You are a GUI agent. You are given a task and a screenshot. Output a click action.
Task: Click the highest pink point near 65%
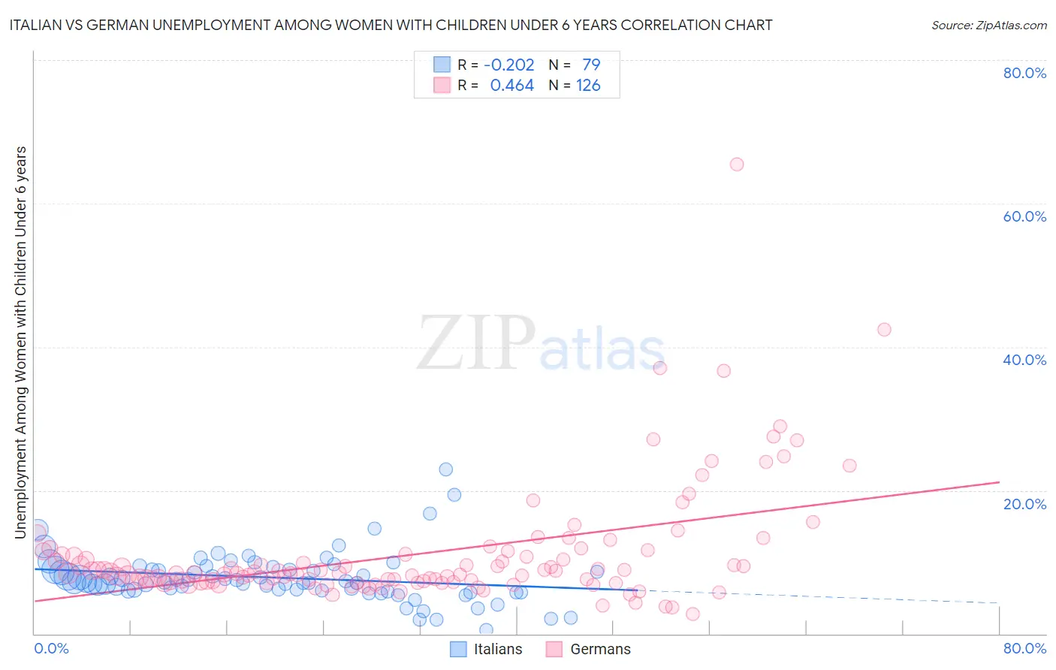737,164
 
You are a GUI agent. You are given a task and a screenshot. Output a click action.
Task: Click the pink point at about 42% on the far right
884,330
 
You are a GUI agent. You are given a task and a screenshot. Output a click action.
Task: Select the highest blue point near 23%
445,469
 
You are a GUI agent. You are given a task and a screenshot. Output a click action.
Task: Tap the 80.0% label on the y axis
1024,73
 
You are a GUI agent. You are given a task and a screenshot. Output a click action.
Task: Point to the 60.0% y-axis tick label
1024,216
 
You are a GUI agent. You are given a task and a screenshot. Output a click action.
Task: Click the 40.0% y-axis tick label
1024,360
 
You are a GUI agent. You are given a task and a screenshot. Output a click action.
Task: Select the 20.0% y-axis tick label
1024,504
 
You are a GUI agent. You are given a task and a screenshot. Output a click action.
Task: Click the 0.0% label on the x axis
51,648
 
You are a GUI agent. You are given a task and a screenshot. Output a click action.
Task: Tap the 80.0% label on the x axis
1024,648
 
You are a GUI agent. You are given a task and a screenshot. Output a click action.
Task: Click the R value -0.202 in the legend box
508,65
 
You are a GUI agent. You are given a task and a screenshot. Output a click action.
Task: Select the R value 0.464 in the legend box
511,86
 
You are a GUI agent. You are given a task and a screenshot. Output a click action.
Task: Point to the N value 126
588,86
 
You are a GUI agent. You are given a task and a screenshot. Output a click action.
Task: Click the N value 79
591,65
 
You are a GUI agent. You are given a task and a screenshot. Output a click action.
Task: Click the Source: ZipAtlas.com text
988,25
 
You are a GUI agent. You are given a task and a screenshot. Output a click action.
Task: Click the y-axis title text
21,342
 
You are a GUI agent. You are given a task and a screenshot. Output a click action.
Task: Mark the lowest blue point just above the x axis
486,630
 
